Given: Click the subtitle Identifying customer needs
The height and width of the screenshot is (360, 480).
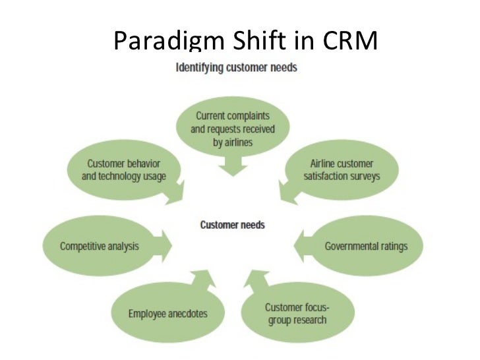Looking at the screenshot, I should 236,68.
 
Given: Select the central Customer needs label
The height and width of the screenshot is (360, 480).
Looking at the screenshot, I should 232,225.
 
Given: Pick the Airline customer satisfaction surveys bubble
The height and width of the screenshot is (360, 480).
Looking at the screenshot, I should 341,170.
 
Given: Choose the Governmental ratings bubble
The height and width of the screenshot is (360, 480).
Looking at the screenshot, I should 365,247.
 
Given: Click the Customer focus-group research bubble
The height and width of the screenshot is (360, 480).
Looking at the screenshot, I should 296,314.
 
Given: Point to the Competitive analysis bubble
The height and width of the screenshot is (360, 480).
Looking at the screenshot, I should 99,247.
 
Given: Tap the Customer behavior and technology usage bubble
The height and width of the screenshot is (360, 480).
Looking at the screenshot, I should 124,169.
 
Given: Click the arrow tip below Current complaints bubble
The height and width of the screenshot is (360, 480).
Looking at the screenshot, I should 232,174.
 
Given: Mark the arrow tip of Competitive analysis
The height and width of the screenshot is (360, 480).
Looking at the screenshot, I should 173,246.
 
